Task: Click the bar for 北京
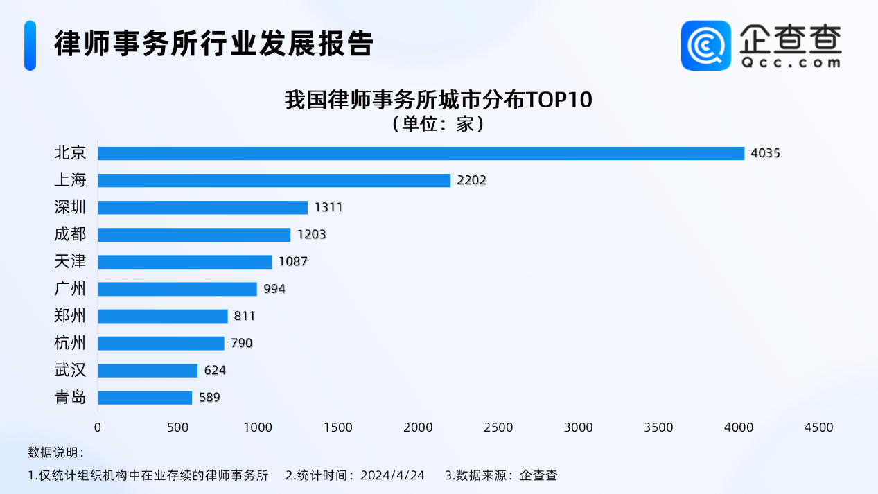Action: click(421, 153)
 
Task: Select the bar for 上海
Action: click(274, 180)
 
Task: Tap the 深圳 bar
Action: click(202, 207)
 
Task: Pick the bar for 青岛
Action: click(145, 398)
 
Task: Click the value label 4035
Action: click(766, 153)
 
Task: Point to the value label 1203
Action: click(311, 234)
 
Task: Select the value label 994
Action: click(274, 289)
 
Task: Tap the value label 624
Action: click(215, 371)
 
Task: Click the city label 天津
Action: click(70, 262)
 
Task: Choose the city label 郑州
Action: click(70, 316)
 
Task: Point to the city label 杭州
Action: click(70, 343)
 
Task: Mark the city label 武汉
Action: click(70, 371)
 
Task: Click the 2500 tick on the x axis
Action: click(498, 427)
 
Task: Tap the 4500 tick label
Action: click(819, 427)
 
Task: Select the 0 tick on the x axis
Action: click(98, 427)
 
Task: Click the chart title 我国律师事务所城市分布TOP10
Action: click(439, 100)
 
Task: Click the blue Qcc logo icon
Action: click(705, 46)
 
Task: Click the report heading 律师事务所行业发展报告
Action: click(214, 44)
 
